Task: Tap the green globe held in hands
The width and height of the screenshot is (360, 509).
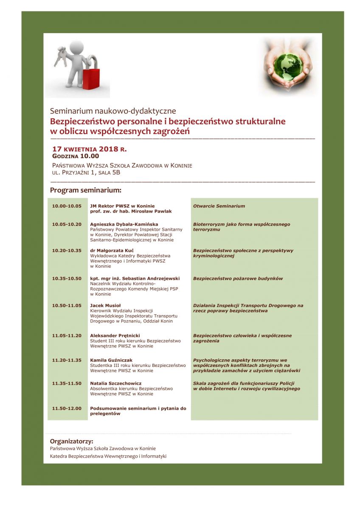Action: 289,66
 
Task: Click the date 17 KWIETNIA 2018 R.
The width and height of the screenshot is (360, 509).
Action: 89,149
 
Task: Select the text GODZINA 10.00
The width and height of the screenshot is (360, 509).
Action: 76,157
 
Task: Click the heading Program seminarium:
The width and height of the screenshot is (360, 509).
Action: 86,190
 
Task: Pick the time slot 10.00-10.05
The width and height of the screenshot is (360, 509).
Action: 67,206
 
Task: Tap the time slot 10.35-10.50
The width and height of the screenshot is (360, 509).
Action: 67,279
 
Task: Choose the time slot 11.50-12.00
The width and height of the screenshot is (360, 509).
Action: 67,408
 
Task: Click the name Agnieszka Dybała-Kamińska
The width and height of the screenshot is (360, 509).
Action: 124,224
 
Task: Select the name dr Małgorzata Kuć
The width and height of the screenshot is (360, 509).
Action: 112,251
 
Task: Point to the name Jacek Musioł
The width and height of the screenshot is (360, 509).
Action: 105,305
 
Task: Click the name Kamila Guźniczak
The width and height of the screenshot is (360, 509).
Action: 111,360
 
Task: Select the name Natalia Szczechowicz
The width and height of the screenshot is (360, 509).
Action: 116,383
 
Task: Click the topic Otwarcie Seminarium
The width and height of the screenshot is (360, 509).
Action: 219,206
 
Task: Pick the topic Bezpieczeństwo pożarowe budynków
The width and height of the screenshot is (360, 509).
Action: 238,279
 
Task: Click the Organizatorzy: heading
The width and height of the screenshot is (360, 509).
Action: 71,441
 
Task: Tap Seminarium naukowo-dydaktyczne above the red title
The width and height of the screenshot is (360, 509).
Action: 113,112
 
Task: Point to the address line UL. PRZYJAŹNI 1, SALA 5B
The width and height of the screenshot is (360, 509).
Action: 89,173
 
